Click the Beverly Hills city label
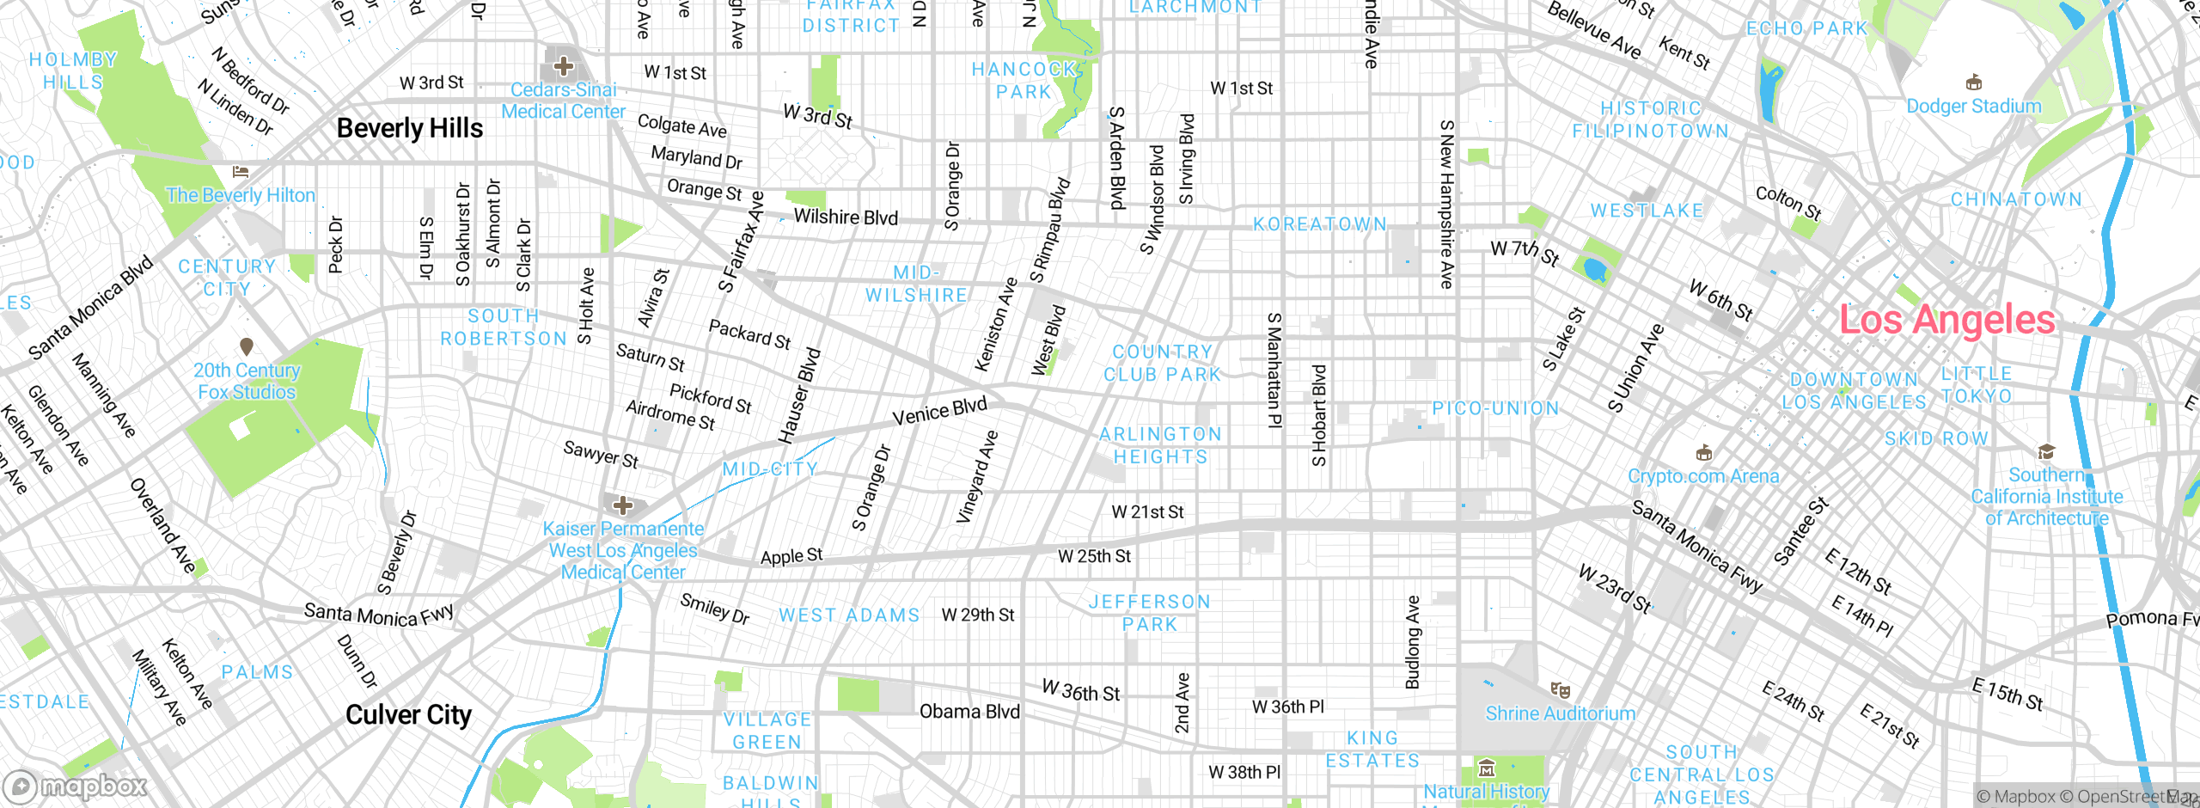pos(410,129)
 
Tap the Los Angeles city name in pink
pos(1946,320)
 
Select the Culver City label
pos(408,715)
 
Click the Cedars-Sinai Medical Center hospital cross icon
pos(564,65)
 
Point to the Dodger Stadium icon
pos(1974,83)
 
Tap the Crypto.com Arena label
pos(1703,476)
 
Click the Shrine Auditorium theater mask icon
pos(1560,690)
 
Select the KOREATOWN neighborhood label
pos(1320,224)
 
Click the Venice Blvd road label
pos(939,413)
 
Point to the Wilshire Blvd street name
pos(846,217)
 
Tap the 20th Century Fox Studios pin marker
pos(247,346)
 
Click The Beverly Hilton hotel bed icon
pos(241,173)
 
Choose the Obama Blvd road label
pos(969,712)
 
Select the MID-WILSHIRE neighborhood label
pos(916,285)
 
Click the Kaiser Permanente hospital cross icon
pos(624,505)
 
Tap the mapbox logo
pos(76,786)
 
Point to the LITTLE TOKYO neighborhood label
pos(1977,385)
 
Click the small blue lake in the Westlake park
pos(1595,270)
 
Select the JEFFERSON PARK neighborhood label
pos(1150,613)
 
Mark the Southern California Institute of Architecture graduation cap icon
pos(2046,452)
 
